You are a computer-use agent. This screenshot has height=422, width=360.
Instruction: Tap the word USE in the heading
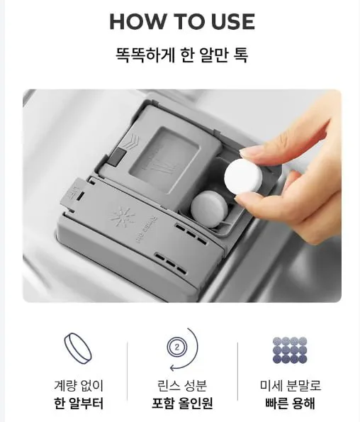coord(233,21)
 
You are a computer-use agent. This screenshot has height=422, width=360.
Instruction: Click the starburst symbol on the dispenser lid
coord(123,217)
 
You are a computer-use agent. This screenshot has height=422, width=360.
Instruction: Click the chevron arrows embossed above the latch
coord(131,140)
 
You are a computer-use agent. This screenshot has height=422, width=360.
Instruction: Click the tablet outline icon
coord(78,348)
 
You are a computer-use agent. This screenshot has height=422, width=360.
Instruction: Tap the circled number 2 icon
coord(176,348)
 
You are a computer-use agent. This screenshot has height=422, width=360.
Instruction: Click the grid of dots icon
coord(290,349)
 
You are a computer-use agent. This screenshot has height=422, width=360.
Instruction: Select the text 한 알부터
coord(78,404)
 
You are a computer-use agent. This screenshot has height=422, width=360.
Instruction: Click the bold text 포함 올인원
coord(182,404)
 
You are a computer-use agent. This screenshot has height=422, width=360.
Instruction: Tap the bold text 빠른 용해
coord(290,404)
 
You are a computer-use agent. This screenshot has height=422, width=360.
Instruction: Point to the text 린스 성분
coord(182,385)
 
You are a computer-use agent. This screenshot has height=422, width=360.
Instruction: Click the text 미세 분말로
coord(291,385)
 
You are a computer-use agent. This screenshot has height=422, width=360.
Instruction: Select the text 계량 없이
coord(79,385)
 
